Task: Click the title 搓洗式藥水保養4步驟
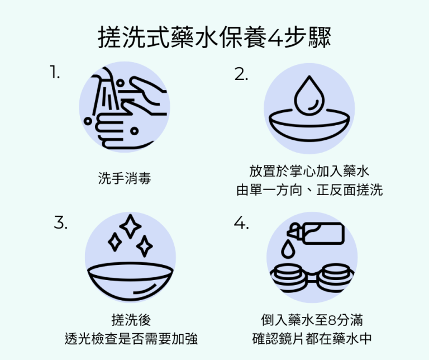coord(214,39)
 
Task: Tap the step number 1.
coord(54,73)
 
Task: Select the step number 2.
coord(241,75)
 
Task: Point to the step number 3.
coord(61,222)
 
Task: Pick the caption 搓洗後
coord(131,320)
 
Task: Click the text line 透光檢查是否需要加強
coord(131,339)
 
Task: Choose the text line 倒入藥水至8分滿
coord(312,320)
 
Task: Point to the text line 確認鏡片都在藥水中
coord(312,339)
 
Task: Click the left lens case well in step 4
coord(287,275)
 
